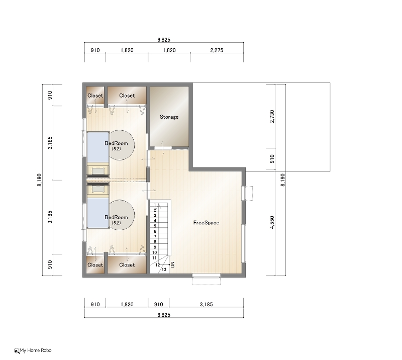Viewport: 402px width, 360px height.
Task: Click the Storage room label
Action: [x=169, y=117]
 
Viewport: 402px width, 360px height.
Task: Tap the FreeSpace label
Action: [x=206, y=223]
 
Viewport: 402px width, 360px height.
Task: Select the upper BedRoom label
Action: [x=116, y=143]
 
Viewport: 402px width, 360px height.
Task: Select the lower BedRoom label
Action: [x=116, y=217]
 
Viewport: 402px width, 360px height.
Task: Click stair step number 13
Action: [x=164, y=269]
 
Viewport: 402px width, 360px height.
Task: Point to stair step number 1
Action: [x=155, y=205]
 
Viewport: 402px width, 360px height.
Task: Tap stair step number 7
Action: [x=155, y=237]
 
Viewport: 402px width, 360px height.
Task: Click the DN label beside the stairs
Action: [x=172, y=265]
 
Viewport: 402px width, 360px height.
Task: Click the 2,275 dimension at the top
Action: [x=217, y=50]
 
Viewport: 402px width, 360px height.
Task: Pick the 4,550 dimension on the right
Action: [x=272, y=222]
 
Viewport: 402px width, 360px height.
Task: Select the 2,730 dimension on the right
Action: [x=272, y=117]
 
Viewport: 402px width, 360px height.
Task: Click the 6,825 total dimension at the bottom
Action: [x=164, y=315]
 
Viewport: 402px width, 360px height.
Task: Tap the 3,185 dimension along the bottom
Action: [x=206, y=304]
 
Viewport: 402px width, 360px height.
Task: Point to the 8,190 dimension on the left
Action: [x=39, y=180]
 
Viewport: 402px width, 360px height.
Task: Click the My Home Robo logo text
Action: [x=35, y=350]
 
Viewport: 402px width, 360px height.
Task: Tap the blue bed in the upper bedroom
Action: [x=98, y=147]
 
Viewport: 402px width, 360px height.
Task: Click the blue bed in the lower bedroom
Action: [x=98, y=213]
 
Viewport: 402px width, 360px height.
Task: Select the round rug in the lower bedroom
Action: [x=122, y=215]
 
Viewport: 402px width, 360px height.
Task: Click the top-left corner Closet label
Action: [x=95, y=96]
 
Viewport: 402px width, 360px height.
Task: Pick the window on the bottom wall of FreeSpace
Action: [x=207, y=276]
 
